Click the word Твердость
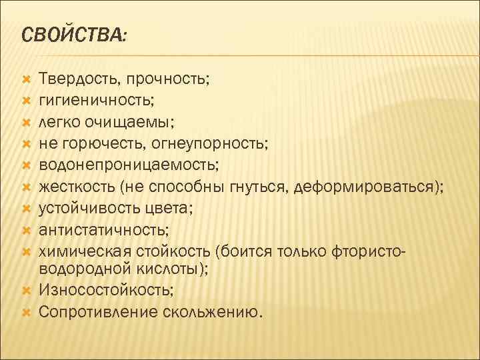(76, 79)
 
